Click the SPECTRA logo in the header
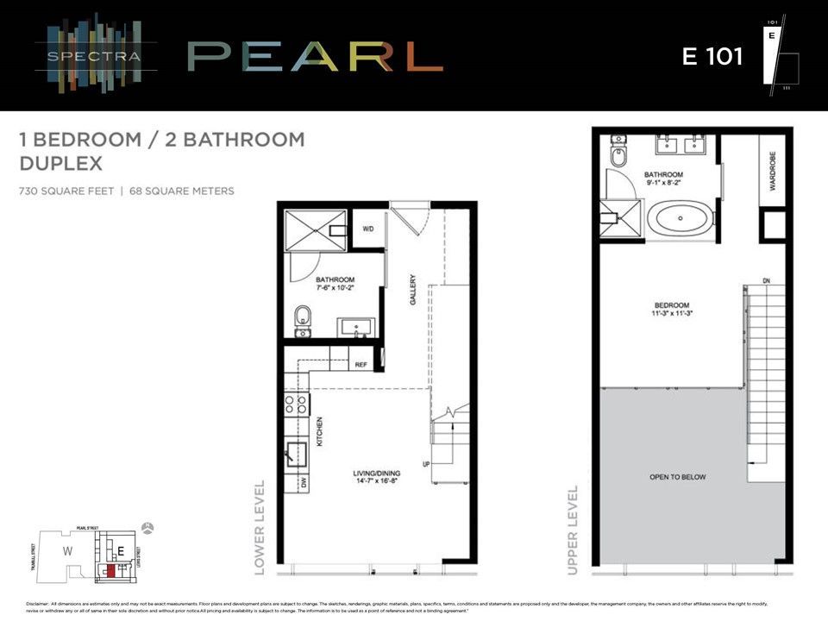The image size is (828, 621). [x=96, y=57]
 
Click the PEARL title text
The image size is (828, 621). [x=315, y=57]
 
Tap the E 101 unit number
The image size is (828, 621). [x=712, y=56]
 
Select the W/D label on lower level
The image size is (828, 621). [x=368, y=229]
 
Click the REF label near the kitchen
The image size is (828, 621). [x=361, y=365]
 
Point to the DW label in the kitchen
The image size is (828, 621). [x=304, y=485]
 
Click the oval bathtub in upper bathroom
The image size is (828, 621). [x=681, y=219]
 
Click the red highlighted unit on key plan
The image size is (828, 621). [x=110, y=570]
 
